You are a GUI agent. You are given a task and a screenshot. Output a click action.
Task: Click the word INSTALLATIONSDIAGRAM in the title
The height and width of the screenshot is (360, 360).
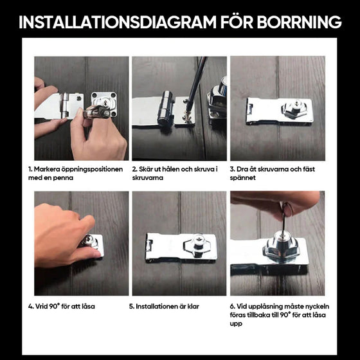pyautogui.click(x=117, y=22)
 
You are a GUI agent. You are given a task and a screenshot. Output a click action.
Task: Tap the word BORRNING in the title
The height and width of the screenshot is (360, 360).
pyautogui.click(x=299, y=22)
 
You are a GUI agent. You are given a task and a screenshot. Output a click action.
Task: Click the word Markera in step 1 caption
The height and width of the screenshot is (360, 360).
pyautogui.click(x=47, y=169)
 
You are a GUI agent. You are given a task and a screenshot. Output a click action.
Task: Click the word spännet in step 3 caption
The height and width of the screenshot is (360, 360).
pyautogui.click(x=243, y=178)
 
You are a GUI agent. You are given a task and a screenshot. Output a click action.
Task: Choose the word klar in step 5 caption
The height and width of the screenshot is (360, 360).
pyautogui.click(x=193, y=306)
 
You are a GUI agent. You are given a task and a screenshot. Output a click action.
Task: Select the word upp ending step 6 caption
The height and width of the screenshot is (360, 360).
pyautogui.click(x=236, y=324)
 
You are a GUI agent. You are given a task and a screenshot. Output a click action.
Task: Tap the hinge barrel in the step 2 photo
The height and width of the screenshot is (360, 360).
pyautogui.click(x=165, y=108)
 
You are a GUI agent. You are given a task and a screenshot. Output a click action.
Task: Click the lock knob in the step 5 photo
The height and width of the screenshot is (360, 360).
pyautogui.click(x=197, y=246)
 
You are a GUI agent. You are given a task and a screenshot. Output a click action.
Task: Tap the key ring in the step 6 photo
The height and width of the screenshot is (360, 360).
pyautogui.click(x=287, y=210)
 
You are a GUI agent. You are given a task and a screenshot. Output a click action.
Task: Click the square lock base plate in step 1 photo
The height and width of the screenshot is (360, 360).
pyautogui.click(x=104, y=104)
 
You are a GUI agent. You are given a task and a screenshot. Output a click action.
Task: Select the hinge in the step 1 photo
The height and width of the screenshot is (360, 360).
pyautogui.click(x=65, y=105)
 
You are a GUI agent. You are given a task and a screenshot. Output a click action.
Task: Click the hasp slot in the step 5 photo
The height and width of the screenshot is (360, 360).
pyautogui.click(x=149, y=246)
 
